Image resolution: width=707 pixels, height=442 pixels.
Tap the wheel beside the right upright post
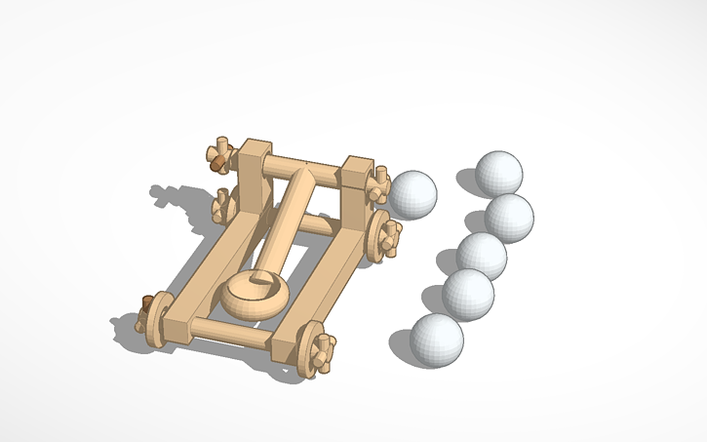coord(382,234)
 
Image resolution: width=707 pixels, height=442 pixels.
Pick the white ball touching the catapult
coord(413,193)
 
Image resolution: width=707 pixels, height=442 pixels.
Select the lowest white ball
coord(436,339)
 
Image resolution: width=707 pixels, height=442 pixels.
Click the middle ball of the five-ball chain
coord(482,256)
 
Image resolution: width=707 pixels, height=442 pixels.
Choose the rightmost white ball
coord(509,218)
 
